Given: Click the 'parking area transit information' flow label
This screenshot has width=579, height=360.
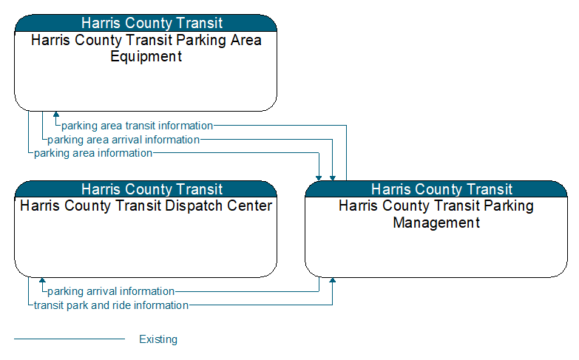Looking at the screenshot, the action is point(137,126).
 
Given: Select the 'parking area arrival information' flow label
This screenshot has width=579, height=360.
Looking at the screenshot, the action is point(123,140).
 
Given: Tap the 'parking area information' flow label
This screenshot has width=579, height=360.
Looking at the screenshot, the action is point(93,153).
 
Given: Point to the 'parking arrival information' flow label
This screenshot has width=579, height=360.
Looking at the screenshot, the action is point(111,291).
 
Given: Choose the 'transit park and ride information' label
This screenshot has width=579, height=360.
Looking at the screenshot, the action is point(111,305).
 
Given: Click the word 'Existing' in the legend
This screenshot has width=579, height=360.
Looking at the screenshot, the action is point(158,339).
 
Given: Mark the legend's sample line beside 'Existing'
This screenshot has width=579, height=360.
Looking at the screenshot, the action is point(70,339).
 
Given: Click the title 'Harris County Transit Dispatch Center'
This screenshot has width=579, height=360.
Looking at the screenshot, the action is point(146,206).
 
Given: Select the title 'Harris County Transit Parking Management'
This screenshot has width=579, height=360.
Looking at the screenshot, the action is point(436,214).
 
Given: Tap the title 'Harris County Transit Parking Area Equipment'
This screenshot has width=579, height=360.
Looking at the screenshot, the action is point(146,48).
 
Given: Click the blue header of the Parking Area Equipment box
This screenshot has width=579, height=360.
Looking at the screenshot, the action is point(146,23).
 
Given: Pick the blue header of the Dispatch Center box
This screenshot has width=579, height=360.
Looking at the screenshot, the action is point(146,189).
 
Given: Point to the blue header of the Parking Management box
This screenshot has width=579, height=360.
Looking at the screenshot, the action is point(436,189).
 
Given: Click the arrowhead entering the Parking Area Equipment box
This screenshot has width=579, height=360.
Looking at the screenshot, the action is point(56,114).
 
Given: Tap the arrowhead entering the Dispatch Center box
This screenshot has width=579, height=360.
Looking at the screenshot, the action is point(42,280).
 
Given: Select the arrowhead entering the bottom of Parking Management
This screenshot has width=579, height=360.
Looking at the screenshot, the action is point(333,280).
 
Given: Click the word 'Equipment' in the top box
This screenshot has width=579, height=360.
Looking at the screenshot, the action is point(146,56).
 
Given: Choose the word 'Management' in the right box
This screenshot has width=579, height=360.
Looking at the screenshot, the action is point(436,223).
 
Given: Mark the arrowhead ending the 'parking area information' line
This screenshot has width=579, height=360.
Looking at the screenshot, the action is point(319,178).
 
